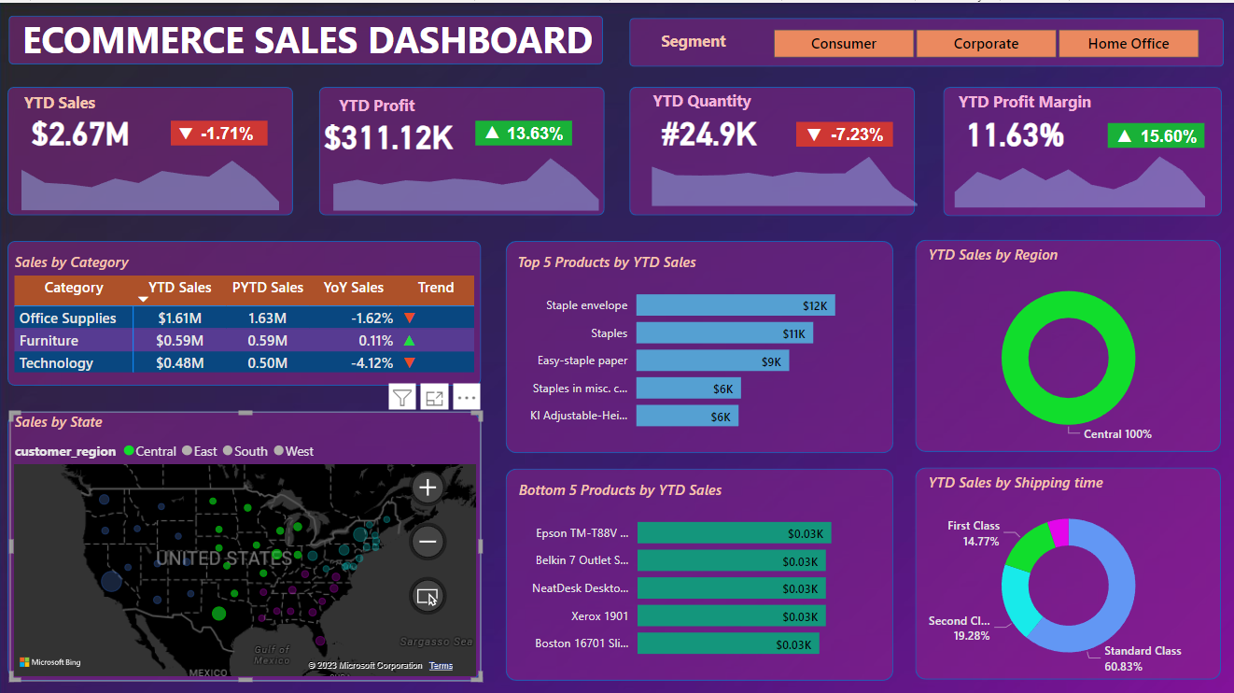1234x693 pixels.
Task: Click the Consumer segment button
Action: pyautogui.click(x=843, y=44)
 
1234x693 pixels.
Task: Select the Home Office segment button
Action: pyautogui.click(x=1128, y=44)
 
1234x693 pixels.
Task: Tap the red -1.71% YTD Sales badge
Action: pyautogui.click(x=218, y=134)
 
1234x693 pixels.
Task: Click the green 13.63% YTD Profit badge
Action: pyautogui.click(x=524, y=134)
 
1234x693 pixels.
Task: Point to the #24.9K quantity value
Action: pyautogui.click(x=708, y=134)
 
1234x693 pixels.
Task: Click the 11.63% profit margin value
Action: pyautogui.click(x=1015, y=135)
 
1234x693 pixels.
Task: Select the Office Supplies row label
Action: pyautogui.click(x=68, y=318)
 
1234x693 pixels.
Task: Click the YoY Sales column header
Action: pyautogui.click(x=353, y=288)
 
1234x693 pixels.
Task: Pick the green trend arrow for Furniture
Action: pyautogui.click(x=409, y=341)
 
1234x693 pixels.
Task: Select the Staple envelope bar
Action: pyautogui.click(x=736, y=305)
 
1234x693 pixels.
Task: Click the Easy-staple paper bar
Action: pyautogui.click(x=712, y=361)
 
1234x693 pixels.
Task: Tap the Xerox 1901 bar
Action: pyautogui.click(x=730, y=616)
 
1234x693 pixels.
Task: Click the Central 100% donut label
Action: pyautogui.click(x=1117, y=434)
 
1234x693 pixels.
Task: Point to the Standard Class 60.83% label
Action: pyautogui.click(x=1142, y=658)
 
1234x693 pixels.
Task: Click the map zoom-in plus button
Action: pyautogui.click(x=428, y=488)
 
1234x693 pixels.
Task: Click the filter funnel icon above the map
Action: pyautogui.click(x=401, y=398)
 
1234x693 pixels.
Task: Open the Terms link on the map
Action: pyautogui.click(x=441, y=666)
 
